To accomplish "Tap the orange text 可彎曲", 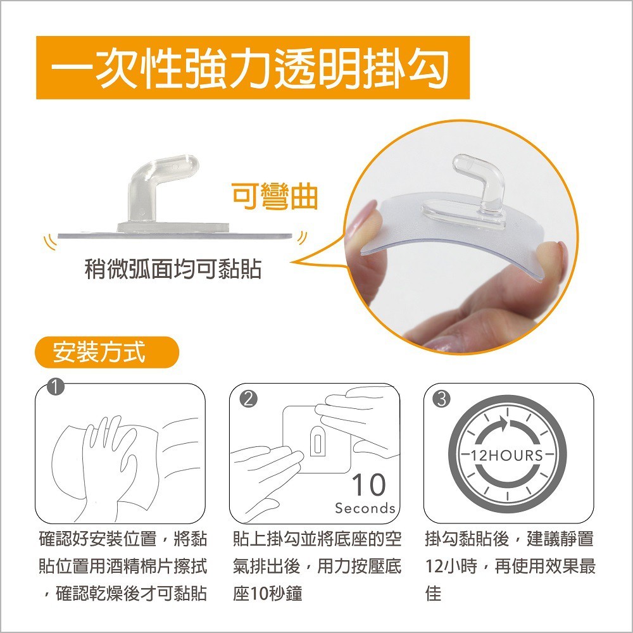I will coord(274,197).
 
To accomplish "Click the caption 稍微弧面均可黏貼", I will coord(173,270).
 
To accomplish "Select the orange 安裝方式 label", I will coord(99,353).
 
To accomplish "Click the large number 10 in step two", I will coord(368,486).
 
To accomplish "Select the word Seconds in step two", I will coord(365,508).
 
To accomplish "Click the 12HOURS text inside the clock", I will coord(508,455).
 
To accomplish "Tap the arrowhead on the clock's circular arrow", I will coord(504,423).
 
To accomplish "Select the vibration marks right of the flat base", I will coord(302,239).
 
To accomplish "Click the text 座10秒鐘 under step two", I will coord(267,593).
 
